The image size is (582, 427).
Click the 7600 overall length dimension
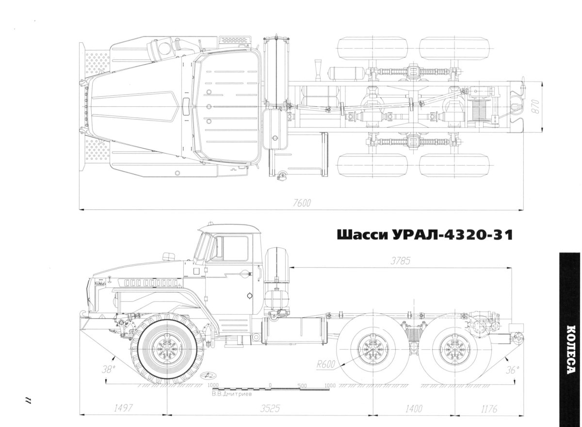[x=301, y=203]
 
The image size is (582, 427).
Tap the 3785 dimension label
[x=401, y=260]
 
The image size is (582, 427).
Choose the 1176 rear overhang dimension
[x=490, y=408]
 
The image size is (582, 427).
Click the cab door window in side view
[x=235, y=249]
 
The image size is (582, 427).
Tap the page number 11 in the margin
[x=28, y=400]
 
